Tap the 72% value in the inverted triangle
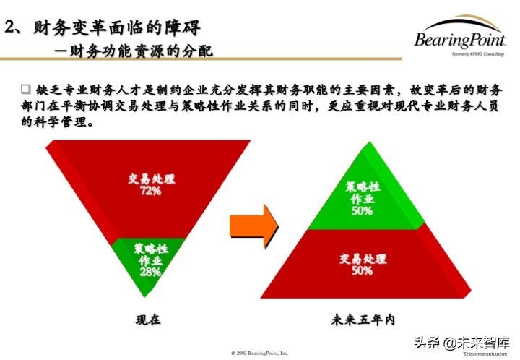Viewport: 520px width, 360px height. point(151,191)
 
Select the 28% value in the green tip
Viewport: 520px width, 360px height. point(150,272)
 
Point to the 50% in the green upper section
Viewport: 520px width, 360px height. point(362,211)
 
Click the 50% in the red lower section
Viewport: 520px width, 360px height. point(362,270)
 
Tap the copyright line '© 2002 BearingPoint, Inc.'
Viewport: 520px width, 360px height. point(259,353)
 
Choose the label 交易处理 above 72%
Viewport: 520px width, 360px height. point(152,179)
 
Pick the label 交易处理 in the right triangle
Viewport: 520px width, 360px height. point(363,259)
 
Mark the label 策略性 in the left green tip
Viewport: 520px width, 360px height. point(151,249)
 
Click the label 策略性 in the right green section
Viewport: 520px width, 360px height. point(363,187)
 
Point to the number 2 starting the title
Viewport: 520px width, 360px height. point(9,27)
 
